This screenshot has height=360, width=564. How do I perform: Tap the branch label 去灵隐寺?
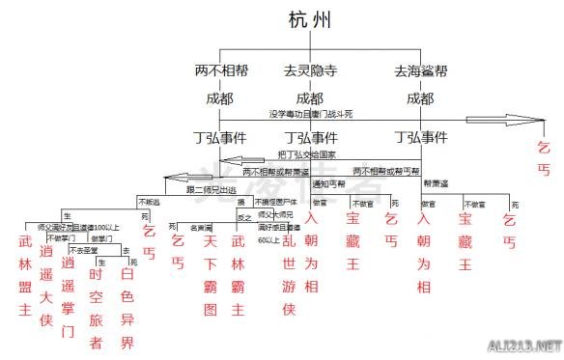[308, 70]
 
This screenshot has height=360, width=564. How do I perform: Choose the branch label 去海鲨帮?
[420, 70]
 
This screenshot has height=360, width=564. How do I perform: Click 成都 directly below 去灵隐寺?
[309, 97]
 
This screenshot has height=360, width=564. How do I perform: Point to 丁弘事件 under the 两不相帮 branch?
[220, 136]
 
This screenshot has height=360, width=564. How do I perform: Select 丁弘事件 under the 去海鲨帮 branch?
[420, 136]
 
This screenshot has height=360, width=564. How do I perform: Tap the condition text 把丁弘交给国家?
[310, 152]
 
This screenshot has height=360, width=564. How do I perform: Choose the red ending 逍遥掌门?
[68, 282]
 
